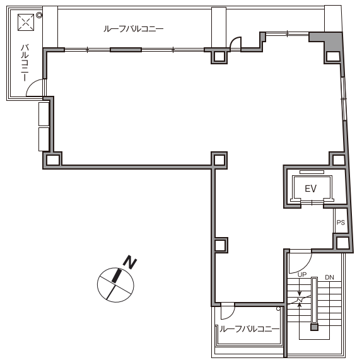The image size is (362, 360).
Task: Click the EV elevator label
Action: pos(310,189)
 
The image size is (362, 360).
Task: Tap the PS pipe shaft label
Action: pos(341,222)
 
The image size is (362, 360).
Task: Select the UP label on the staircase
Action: pos(302,275)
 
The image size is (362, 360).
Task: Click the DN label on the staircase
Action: pos(329,277)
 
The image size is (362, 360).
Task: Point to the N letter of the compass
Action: pos(130,262)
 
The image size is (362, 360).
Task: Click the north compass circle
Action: pos(115,285)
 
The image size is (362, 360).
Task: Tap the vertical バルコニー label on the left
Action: pos(25,63)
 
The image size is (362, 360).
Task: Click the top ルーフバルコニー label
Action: pos(134,29)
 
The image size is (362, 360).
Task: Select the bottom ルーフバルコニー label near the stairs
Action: pos(249,329)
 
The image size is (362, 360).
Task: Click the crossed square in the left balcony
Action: pos(26,23)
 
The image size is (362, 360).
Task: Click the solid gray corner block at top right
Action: pos(329,40)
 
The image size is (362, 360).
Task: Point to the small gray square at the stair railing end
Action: pos(314,327)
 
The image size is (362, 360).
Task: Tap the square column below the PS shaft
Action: pos(342,243)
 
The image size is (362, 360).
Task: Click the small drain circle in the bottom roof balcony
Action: pos(278,309)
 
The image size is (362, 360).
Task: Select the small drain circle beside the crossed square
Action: pos(39,16)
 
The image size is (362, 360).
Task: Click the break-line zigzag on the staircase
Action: pos(300,300)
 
